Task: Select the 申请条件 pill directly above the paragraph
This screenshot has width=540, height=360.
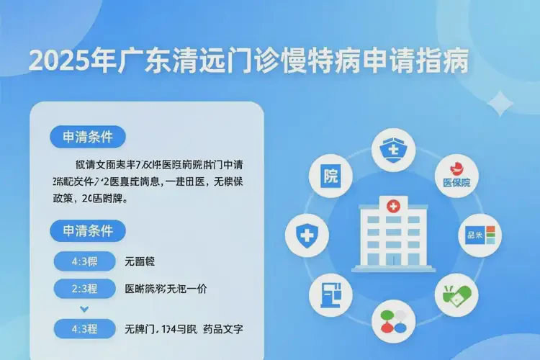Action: tap(87, 136)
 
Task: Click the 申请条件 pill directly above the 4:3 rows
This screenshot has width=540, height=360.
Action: tap(87, 231)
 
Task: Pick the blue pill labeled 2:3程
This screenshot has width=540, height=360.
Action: tap(84, 289)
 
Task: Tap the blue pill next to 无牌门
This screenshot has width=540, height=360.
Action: tap(84, 329)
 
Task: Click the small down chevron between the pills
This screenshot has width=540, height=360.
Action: tap(84, 309)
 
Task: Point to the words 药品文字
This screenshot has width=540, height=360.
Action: tap(225, 329)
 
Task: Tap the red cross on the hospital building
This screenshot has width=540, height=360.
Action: tap(393, 207)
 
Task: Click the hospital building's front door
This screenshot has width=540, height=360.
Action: tap(392, 259)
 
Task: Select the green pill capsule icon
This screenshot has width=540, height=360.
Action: tap(456, 296)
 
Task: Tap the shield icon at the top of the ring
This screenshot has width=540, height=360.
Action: tap(393, 151)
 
